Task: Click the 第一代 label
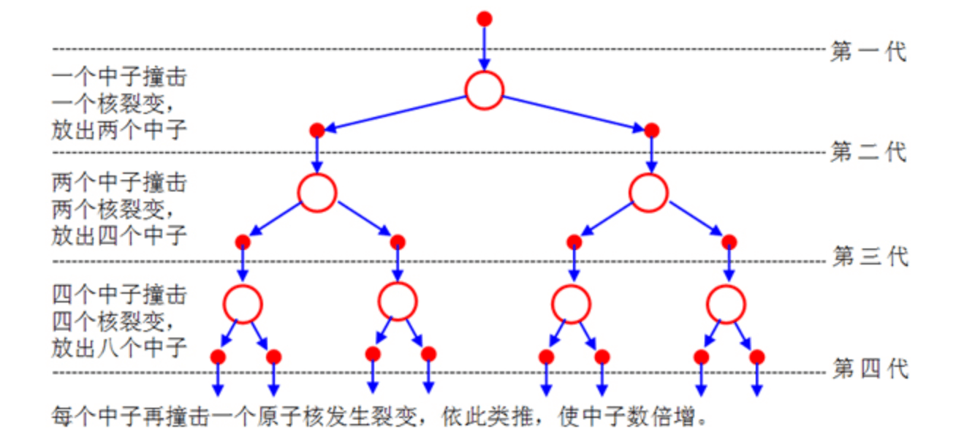click(x=868, y=52)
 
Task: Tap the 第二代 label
click(x=868, y=153)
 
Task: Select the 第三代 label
click(x=870, y=257)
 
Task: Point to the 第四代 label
click(x=870, y=369)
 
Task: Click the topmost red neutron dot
click(x=484, y=18)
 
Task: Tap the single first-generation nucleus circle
click(x=484, y=91)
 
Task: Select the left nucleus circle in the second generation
click(x=317, y=191)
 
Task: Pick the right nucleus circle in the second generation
click(x=648, y=191)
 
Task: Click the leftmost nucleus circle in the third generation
click(x=242, y=303)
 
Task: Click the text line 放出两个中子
click(x=119, y=130)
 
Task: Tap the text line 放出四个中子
click(x=119, y=235)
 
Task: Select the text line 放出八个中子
click(x=119, y=347)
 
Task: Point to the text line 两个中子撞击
click(x=119, y=180)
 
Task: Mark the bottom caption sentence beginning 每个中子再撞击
click(x=380, y=417)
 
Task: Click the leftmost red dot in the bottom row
click(x=218, y=357)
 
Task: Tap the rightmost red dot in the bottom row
click(x=757, y=357)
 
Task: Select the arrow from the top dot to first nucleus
click(x=484, y=47)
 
